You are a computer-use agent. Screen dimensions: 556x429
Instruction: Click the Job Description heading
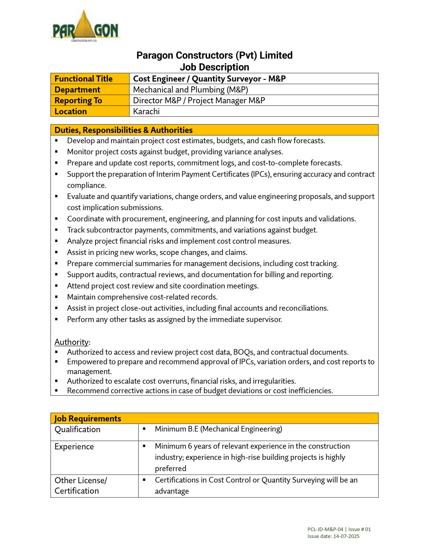coord(214,67)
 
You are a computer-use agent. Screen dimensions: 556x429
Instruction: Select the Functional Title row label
coord(84,79)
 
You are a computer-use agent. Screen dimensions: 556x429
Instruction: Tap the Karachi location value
coord(146,111)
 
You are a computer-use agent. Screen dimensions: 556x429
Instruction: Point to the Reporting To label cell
coord(78,101)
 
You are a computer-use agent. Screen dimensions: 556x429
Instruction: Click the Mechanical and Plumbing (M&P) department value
coord(190,90)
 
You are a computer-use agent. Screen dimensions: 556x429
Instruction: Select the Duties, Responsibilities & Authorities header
coord(124,130)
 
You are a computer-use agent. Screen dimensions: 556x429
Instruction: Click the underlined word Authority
coord(71,342)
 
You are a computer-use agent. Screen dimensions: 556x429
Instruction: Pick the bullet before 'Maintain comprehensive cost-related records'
coord(56,297)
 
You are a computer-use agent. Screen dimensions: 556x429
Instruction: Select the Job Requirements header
coord(88,419)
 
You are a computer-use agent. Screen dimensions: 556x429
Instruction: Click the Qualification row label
coord(77,429)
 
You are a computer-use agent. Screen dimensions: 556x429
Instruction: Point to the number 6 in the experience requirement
coord(190,446)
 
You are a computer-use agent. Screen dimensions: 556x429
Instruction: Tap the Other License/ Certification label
coord(81,485)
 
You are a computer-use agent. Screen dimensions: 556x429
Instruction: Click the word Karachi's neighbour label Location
coord(71,111)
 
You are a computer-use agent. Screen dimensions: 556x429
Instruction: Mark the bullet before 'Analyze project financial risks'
coord(56,241)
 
